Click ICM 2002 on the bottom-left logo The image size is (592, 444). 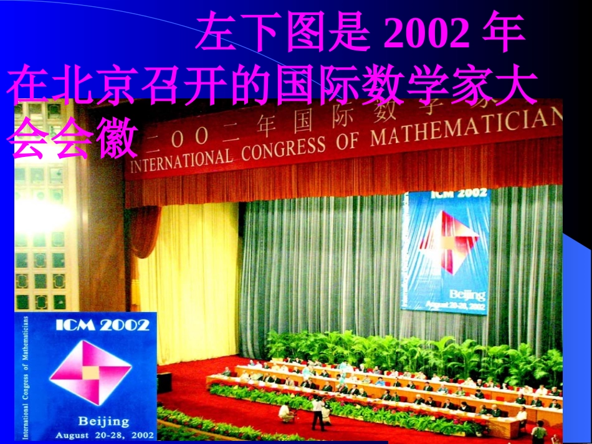102,324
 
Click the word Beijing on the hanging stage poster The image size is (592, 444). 465,294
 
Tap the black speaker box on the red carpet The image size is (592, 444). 165,382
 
